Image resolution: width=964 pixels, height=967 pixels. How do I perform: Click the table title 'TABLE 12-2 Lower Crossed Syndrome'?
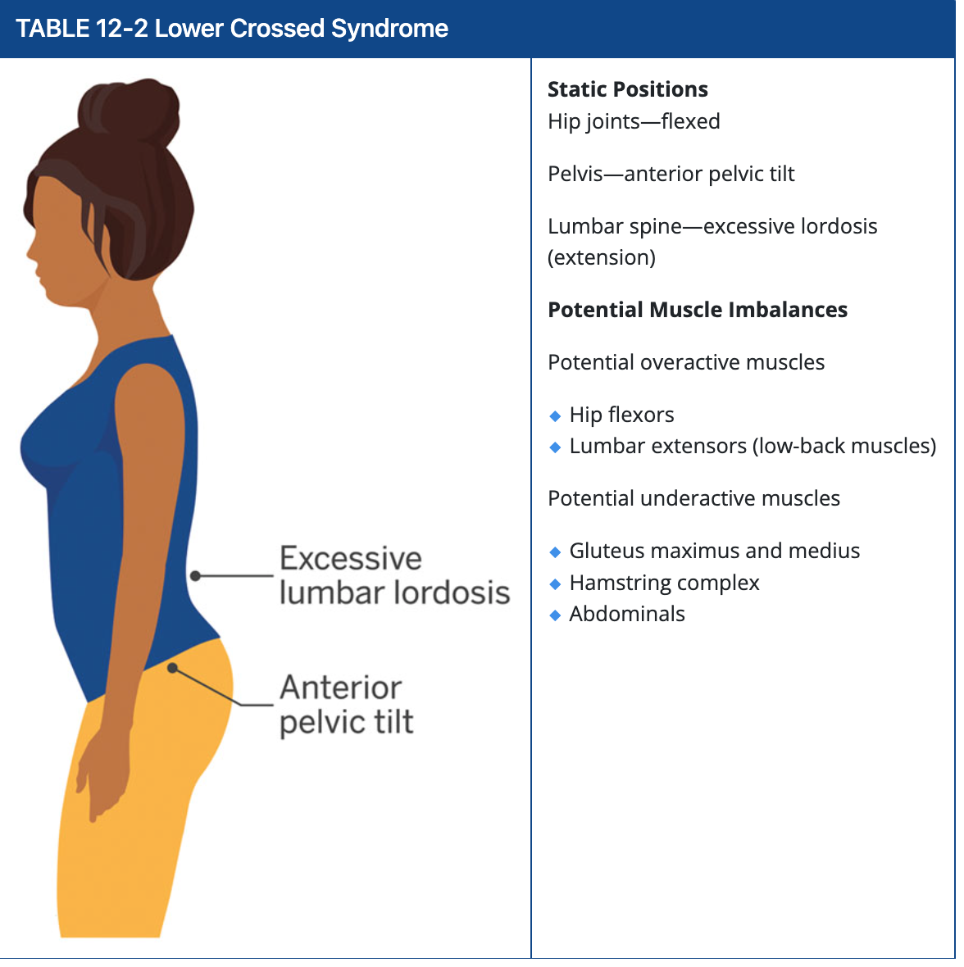(x=232, y=29)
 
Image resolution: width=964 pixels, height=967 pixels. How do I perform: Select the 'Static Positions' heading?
(x=627, y=89)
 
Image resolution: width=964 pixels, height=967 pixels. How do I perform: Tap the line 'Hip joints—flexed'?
(x=634, y=121)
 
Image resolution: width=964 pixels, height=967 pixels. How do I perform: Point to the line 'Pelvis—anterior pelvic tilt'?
(x=671, y=174)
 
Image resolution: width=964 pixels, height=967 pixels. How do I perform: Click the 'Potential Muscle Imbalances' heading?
(x=697, y=310)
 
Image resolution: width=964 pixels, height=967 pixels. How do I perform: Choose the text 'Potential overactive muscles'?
(x=685, y=362)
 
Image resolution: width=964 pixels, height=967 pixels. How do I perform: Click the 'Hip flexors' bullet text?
(x=621, y=415)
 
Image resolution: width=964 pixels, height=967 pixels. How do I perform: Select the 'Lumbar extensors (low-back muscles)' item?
(x=752, y=446)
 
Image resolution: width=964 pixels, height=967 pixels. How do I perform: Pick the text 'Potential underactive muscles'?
(x=693, y=498)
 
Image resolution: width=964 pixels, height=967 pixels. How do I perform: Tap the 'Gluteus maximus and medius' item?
(x=714, y=551)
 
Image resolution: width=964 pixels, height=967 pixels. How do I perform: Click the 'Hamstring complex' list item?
(x=664, y=583)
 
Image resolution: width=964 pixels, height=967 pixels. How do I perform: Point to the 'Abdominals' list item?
(x=627, y=614)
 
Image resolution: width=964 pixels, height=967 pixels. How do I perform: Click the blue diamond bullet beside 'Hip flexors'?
(x=555, y=416)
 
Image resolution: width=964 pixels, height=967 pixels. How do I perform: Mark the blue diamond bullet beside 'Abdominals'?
(x=555, y=615)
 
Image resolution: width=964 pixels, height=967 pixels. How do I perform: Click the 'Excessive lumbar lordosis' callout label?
(x=393, y=575)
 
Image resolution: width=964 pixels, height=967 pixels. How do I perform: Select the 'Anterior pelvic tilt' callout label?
(x=346, y=705)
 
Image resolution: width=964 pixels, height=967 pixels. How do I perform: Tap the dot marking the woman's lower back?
(x=195, y=576)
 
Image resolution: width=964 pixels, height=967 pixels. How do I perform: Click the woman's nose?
(x=29, y=248)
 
